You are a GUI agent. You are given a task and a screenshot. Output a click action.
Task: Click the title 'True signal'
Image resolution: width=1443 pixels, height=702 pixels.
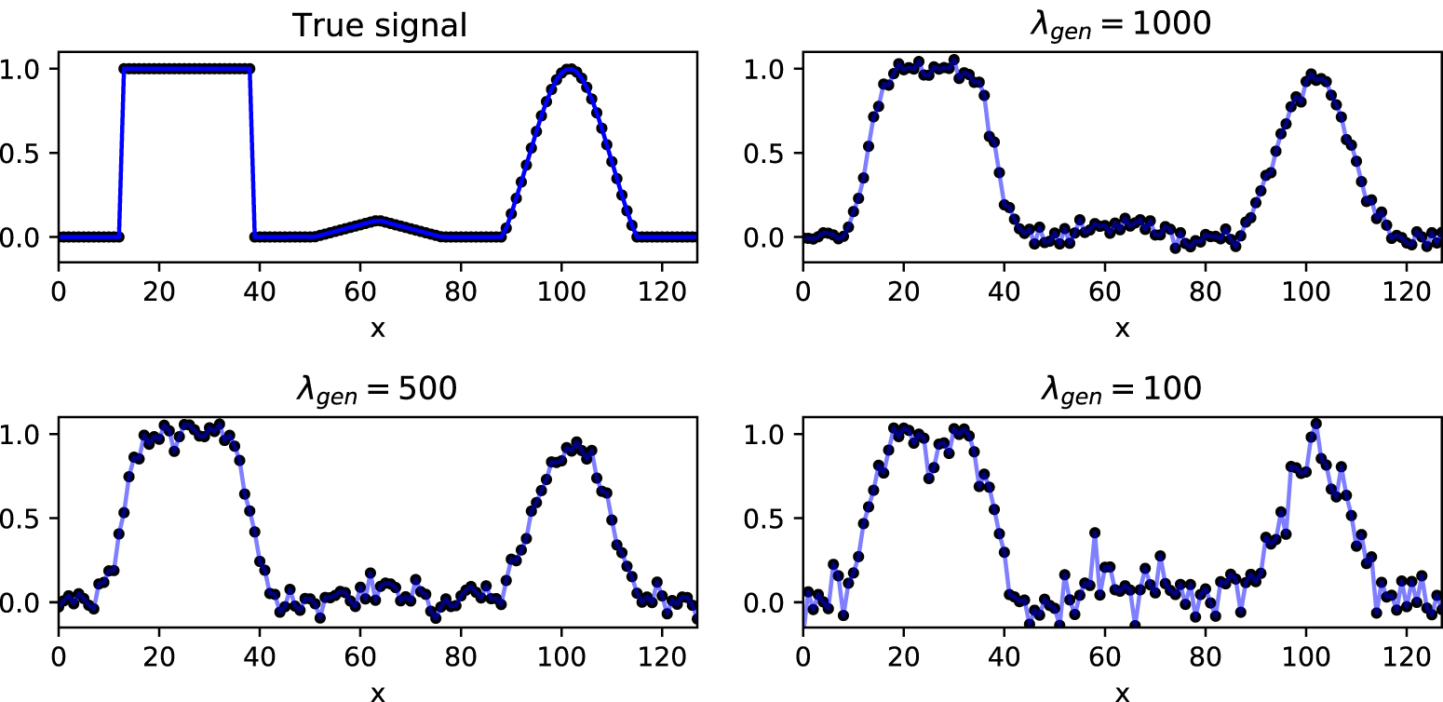(379, 25)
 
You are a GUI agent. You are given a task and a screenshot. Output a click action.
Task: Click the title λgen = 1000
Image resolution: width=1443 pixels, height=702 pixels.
(1120, 23)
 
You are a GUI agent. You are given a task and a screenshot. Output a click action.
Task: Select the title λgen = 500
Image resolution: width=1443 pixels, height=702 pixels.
(376, 389)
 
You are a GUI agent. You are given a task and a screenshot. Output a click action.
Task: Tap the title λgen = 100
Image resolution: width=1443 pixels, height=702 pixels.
(1120, 389)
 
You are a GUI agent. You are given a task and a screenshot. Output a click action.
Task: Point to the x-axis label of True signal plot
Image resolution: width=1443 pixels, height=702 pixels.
(377, 328)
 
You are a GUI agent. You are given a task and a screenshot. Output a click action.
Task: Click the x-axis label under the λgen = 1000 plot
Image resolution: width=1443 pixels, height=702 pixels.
(1122, 328)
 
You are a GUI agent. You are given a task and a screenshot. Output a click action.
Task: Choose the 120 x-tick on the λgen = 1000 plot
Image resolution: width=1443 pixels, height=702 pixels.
(1406, 288)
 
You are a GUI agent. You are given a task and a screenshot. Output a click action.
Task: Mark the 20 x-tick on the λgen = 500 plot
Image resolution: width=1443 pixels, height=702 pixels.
(159, 654)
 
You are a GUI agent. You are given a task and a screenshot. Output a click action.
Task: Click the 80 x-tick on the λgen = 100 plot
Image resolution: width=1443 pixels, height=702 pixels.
(1205, 654)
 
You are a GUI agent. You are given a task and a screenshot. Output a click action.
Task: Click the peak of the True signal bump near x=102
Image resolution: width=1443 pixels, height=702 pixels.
(570, 69)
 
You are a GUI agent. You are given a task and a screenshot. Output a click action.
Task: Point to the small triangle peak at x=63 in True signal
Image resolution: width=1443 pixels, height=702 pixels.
(376, 221)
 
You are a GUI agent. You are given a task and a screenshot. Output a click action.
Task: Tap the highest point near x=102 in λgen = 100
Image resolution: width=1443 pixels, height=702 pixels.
(1315, 424)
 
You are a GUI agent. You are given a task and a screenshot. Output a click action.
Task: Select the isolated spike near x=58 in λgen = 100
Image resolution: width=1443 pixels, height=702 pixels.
(1095, 533)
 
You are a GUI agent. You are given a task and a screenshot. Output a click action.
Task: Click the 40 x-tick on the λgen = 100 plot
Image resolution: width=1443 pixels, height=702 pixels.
(1005, 654)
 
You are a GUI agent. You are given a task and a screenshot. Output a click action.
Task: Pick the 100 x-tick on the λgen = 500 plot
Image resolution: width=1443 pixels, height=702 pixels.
(560, 654)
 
